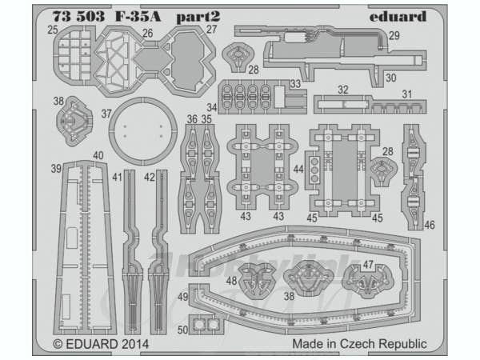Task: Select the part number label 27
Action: pos(211,30)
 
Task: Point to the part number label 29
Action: pos(394,35)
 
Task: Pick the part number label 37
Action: pos(106,114)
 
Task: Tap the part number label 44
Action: pos(298,169)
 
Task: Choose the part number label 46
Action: pos(430,226)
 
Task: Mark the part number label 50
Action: pos(183,329)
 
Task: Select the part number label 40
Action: pos(98,155)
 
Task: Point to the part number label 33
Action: pos(295,83)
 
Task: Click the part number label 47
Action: pos(368,263)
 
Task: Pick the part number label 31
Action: pos(406,94)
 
